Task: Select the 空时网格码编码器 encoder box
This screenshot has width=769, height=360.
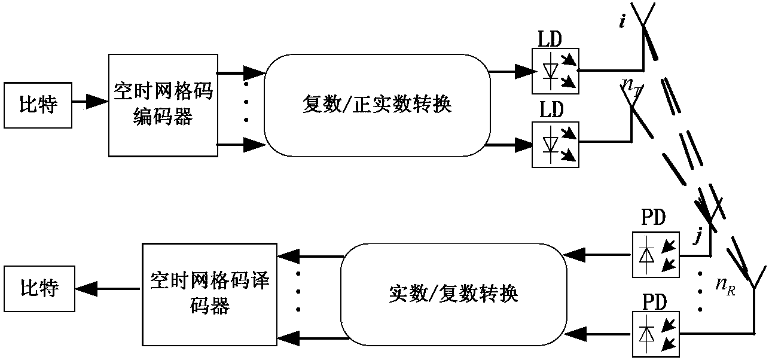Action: coord(161,105)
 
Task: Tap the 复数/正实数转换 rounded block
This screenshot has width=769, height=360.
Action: coord(377,105)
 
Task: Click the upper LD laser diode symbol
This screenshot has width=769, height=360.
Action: coord(554,71)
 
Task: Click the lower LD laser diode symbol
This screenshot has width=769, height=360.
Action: coord(554,144)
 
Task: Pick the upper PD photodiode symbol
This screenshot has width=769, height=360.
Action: coord(655,254)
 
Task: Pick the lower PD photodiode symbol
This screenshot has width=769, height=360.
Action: coord(655,331)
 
